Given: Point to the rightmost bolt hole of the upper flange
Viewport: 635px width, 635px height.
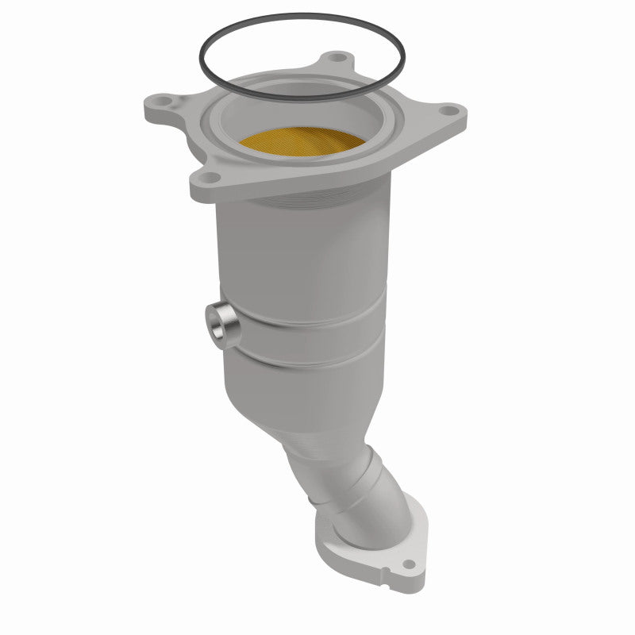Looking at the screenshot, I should coord(449,111).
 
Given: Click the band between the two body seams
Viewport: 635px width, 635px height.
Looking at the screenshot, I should coord(317,345).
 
